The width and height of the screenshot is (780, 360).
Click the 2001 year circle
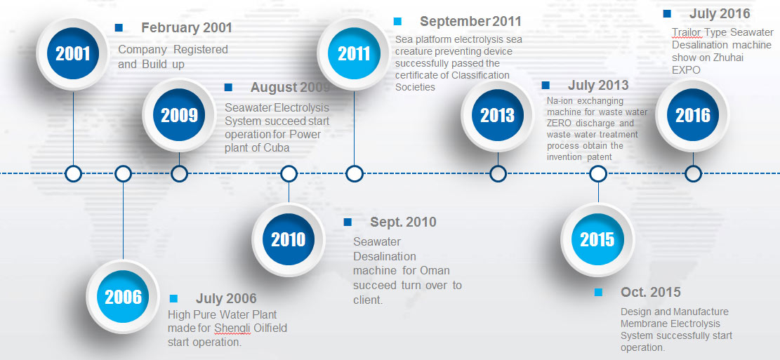coord(73,54)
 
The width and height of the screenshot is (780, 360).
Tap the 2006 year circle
coord(123,297)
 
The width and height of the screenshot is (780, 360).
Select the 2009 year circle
coord(179,115)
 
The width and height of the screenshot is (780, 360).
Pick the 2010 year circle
coord(289,240)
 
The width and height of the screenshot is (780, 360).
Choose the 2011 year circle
coord(354,54)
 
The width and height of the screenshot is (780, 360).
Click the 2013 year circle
coord(498,115)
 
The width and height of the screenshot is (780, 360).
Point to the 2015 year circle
coord(597,240)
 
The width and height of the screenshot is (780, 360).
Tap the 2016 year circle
coord(693,115)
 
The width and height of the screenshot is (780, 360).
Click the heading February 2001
coord(187,28)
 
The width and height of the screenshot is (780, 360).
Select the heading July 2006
coord(226,298)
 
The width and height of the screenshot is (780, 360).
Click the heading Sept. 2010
coord(403,222)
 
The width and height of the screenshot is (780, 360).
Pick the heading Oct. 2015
coord(651,293)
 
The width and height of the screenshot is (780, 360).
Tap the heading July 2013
coord(598,86)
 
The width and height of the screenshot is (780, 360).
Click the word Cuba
coord(276,147)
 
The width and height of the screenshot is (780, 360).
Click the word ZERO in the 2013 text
coord(560,124)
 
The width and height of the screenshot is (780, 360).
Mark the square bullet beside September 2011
coord(397,21)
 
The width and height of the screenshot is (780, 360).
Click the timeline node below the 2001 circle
coord(73,173)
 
